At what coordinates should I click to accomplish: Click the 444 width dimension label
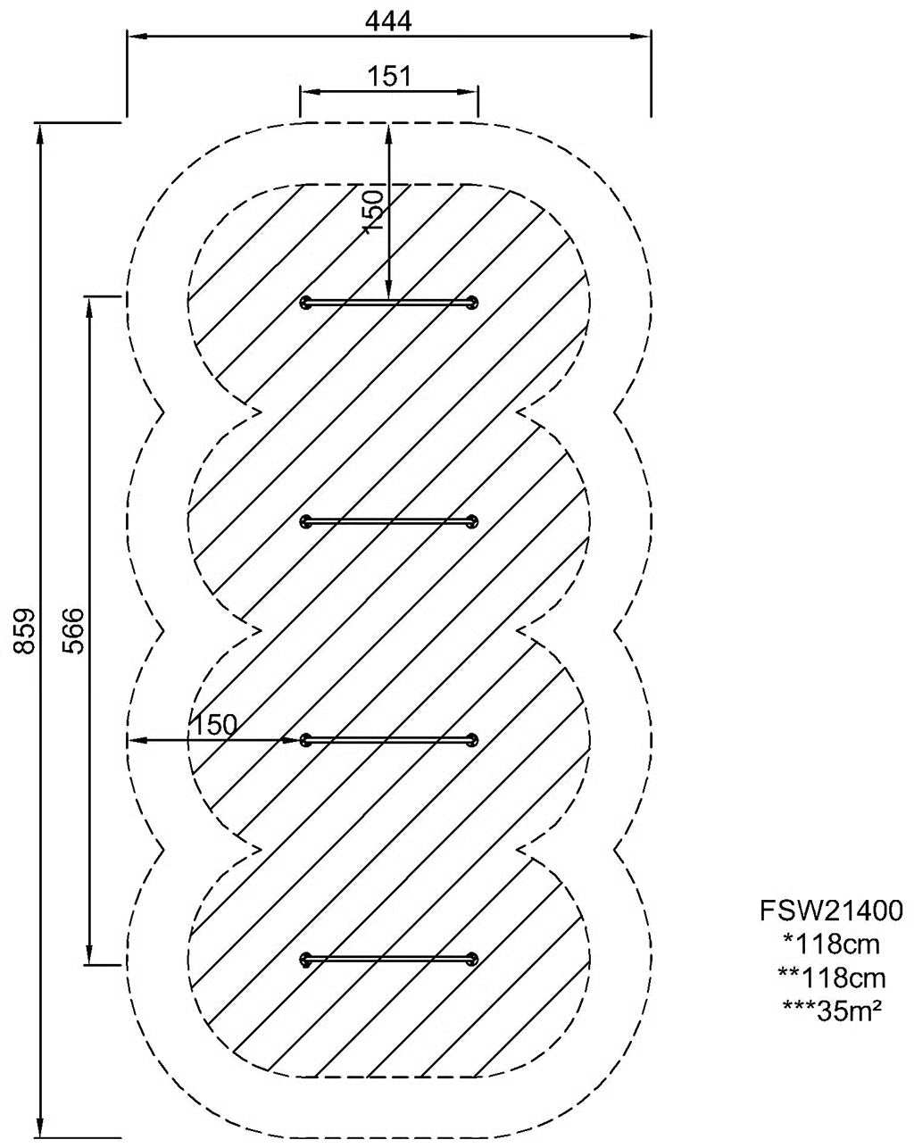click(388, 21)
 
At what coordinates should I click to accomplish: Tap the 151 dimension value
click(389, 76)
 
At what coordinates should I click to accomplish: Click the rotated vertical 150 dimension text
click(373, 210)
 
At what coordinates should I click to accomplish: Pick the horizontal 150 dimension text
click(214, 725)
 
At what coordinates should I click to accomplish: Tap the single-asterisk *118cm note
click(831, 944)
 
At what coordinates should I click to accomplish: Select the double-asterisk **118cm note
click(831, 977)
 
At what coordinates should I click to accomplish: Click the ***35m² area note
click(831, 1011)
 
